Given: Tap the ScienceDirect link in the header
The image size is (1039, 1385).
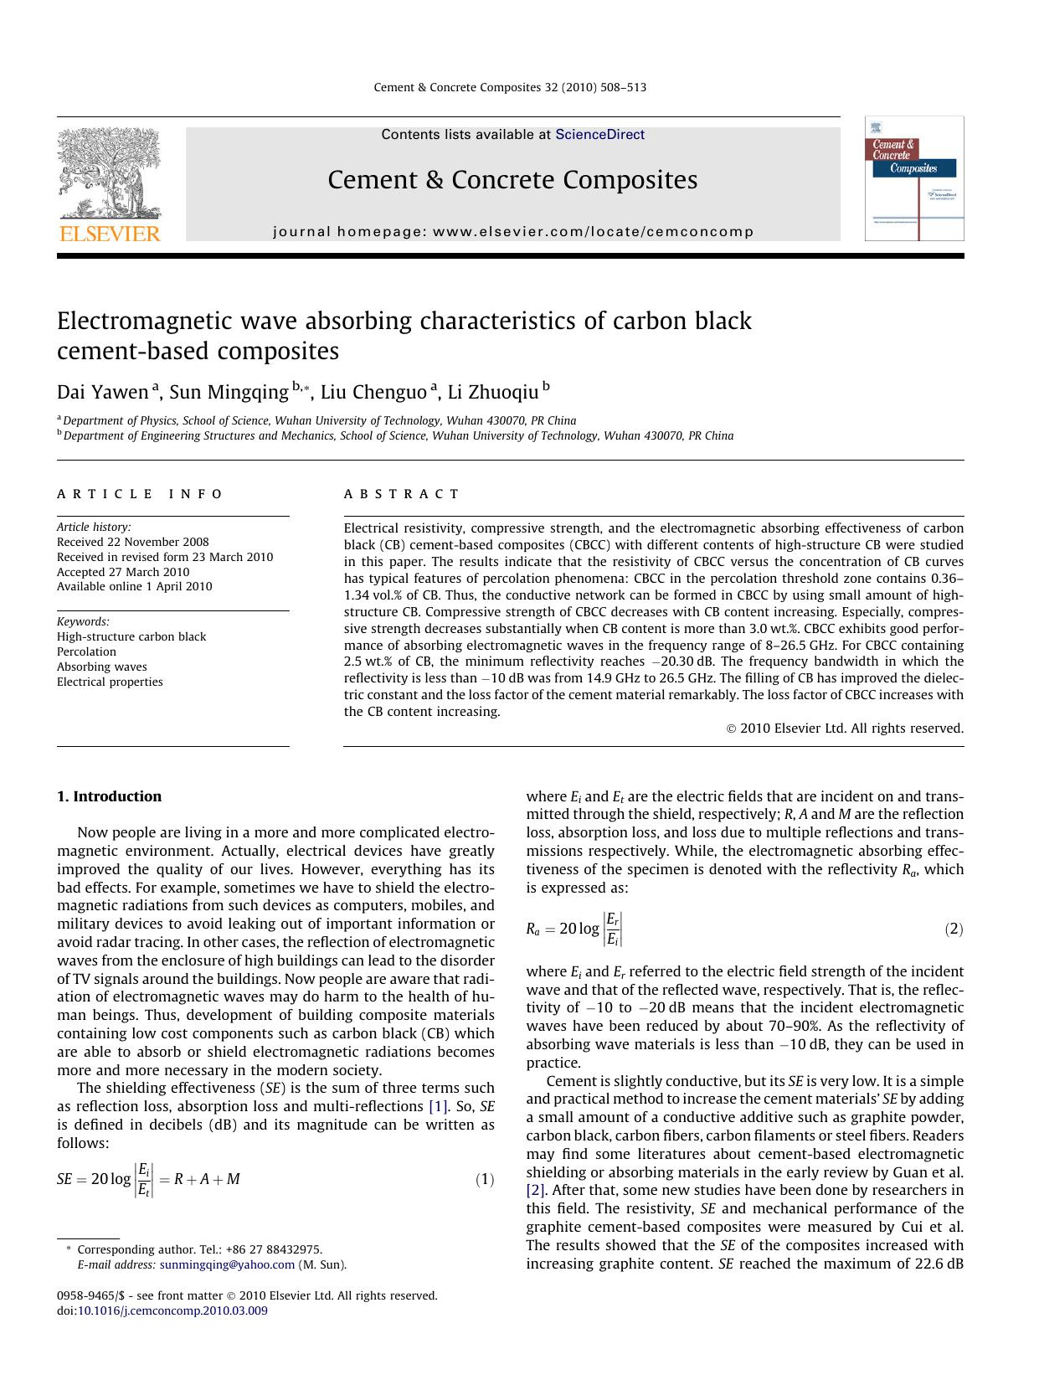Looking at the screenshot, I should tap(599, 134).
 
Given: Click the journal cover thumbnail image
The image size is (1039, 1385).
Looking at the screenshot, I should tap(913, 178).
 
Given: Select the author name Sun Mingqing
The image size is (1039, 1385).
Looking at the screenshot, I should tap(229, 392).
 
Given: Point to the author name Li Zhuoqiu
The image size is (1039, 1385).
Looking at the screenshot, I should tap(493, 392).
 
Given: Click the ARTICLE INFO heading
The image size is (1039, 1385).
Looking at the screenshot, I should tap(140, 494).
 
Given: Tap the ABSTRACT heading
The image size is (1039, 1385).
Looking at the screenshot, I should tap(402, 494).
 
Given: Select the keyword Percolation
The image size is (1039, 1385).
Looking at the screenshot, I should tap(86, 651).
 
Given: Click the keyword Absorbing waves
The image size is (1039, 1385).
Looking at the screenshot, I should tap(101, 667).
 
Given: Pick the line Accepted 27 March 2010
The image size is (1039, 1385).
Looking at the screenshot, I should tap(123, 572).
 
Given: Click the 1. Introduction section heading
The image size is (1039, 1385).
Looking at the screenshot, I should tap(109, 796).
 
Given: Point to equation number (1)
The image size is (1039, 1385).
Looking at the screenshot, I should tap(485, 1180).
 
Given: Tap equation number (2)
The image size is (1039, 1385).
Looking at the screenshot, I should tap(954, 929).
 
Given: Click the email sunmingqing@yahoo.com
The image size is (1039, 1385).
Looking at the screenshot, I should tap(227, 1264).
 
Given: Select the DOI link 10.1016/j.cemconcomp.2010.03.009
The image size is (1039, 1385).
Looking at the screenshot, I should tap(172, 1310).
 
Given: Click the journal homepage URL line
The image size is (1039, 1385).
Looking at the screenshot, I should tap(513, 231).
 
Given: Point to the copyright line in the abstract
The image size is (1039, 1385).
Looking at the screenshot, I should tap(845, 729).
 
